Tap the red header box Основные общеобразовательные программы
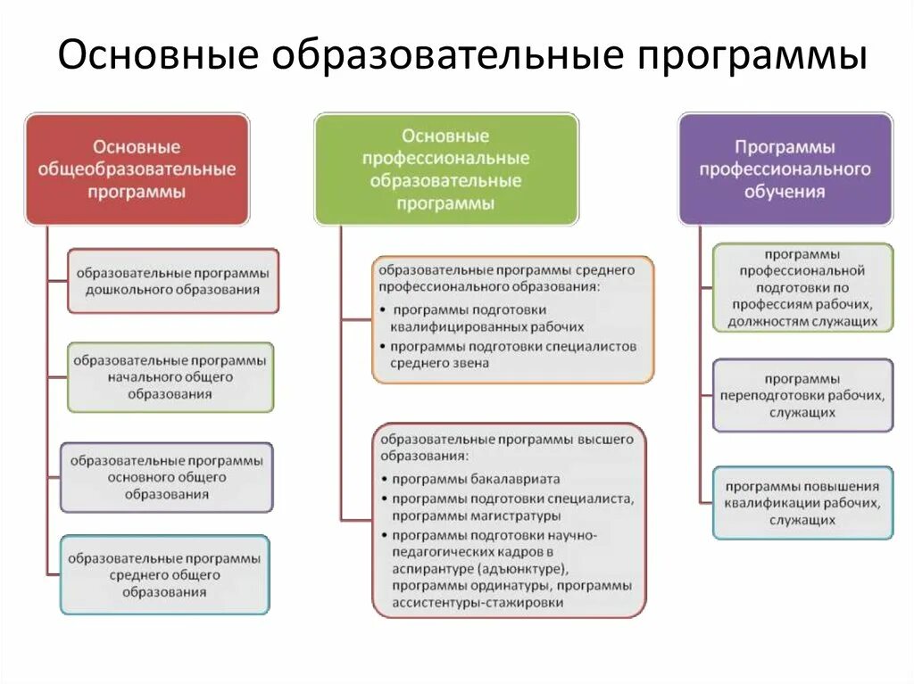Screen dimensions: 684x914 [137, 169]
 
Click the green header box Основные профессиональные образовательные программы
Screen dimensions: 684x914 [445, 169]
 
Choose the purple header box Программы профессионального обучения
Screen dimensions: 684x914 [785, 169]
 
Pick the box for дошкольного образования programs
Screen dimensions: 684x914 [173, 281]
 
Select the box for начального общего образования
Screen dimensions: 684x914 [170, 377]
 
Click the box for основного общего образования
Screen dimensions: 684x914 [167, 477]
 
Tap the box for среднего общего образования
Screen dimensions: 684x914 [165, 574]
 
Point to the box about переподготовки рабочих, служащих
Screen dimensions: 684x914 [802, 395]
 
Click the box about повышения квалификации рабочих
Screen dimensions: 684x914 [802, 503]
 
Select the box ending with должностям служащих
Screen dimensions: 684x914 [802, 288]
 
